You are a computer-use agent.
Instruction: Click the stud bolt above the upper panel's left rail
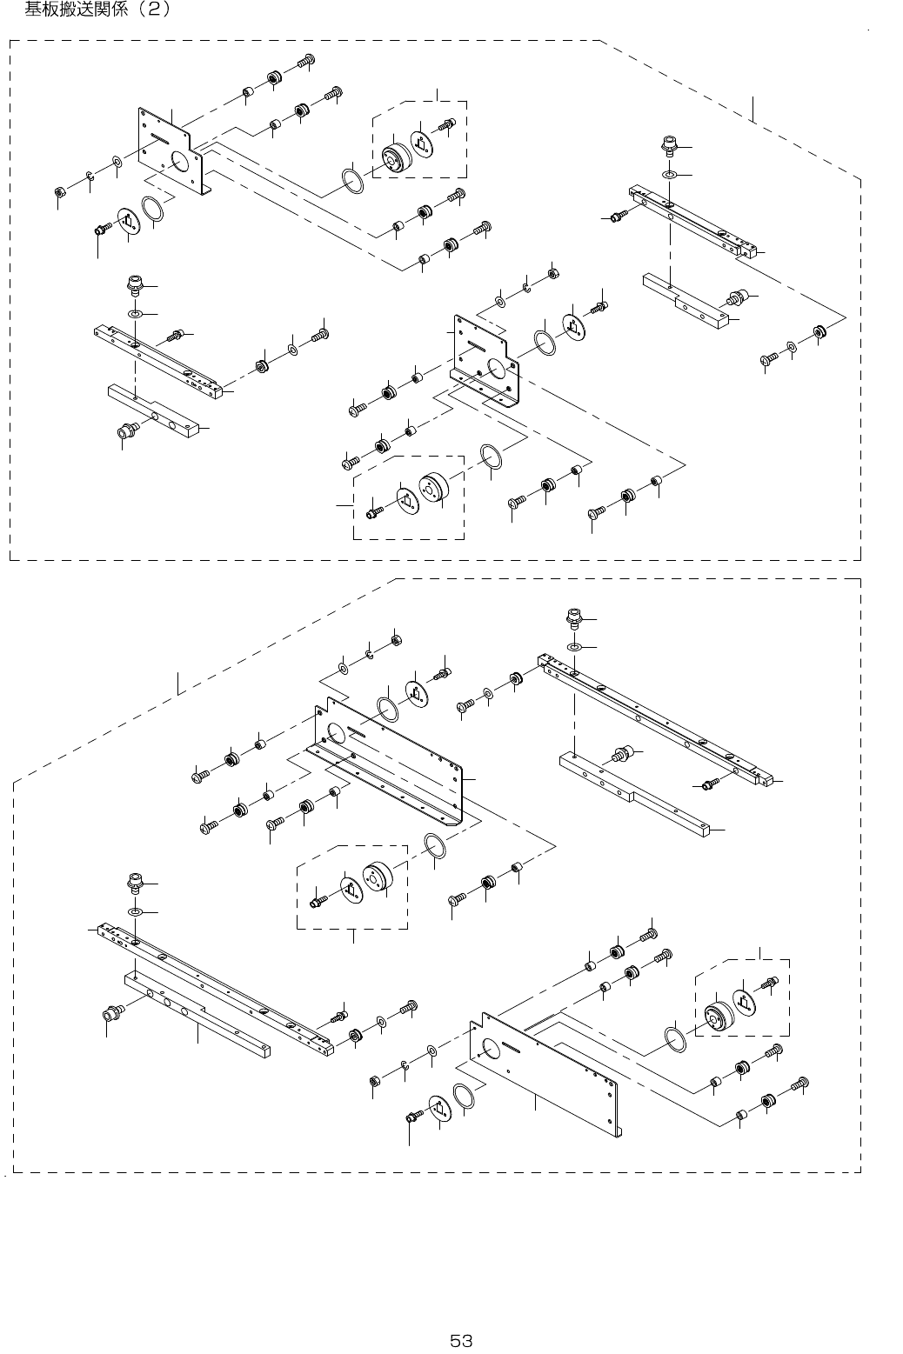click(136, 285)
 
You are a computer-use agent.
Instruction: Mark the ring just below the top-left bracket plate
click(153, 210)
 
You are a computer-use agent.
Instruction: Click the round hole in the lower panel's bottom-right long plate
click(488, 1046)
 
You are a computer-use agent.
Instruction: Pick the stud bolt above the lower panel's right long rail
click(574, 619)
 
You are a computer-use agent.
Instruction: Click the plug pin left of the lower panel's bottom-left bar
click(111, 1011)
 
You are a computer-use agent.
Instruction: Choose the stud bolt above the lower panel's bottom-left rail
click(135, 883)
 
